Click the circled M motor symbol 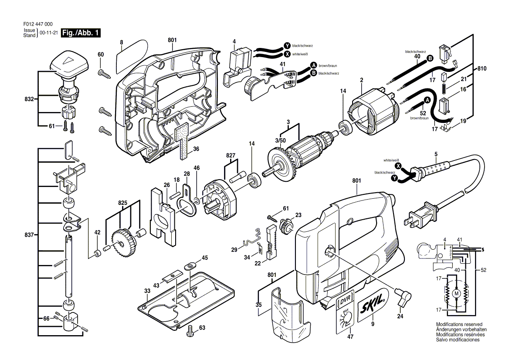pyautogui.click(x=457, y=293)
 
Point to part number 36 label pyautogui.click(x=196, y=149)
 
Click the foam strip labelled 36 pyautogui.click(x=180, y=143)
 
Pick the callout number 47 pyautogui.click(x=350, y=336)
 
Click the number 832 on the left pyautogui.click(x=29, y=99)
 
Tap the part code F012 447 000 pyautogui.click(x=38, y=24)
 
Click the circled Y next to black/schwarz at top pyautogui.click(x=287, y=45)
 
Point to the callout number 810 pyautogui.click(x=482, y=68)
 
